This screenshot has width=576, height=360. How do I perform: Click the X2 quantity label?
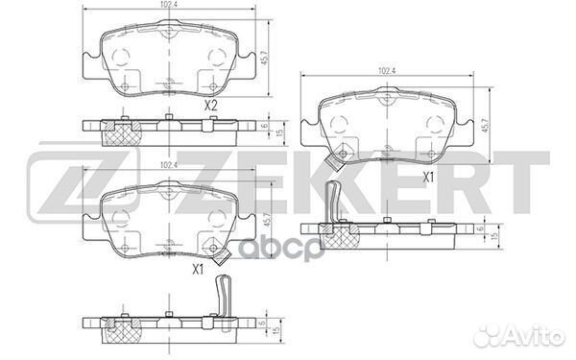pyautogui.click(x=212, y=106)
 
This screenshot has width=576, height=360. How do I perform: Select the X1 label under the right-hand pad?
pyautogui.click(x=429, y=176)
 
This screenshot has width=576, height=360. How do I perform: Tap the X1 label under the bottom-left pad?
pyautogui.click(x=198, y=268)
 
